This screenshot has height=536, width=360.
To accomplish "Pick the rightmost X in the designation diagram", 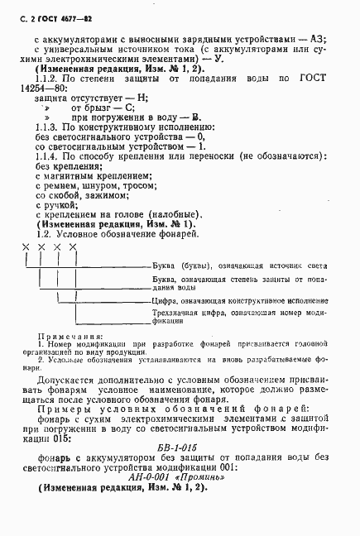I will click(74, 246).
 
